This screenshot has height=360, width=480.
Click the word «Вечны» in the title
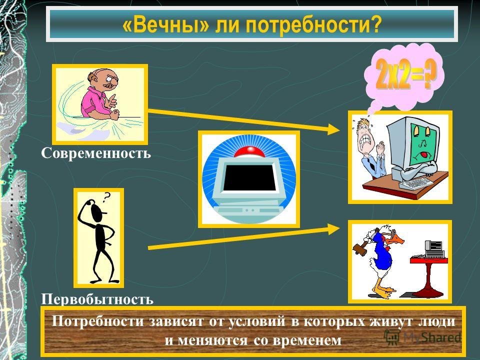click(165, 25)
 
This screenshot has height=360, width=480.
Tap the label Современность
click(96, 153)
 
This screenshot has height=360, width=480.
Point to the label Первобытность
click(97, 299)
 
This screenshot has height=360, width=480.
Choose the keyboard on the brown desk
click(416, 183)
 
